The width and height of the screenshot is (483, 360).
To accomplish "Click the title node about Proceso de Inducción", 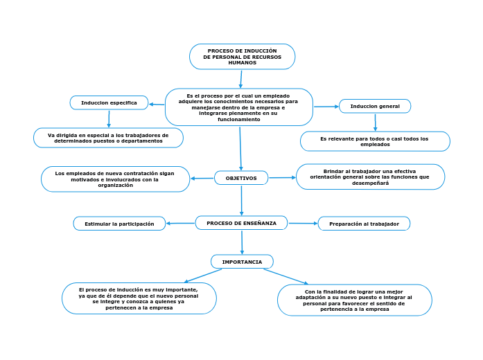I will pyautogui.click(x=242, y=57).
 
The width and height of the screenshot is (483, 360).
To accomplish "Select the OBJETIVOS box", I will pyautogui.click(x=241, y=178).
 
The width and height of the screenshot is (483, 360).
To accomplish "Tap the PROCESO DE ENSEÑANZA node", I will pyautogui.click(x=241, y=223).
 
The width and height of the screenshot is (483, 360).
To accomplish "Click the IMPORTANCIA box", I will pyautogui.click(x=242, y=262).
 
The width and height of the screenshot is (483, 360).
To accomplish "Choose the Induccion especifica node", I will pyautogui.click(x=109, y=102).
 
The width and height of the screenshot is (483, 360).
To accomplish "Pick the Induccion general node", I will pyautogui.click(x=375, y=106).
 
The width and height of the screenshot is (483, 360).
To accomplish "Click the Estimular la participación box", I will pyautogui.click(x=119, y=224).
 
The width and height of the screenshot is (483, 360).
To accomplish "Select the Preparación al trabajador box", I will pyautogui.click(x=364, y=224).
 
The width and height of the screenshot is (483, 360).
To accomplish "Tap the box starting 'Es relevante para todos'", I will pyautogui.click(x=375, y=141).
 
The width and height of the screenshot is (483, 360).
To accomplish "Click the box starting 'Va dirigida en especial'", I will pyautogui.click(x=108, y=138).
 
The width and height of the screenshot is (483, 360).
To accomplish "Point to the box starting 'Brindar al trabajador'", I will pyautogui.click(x=370, y=177).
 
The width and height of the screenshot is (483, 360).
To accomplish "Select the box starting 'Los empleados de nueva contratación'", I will pyautogui.click(x=115, y=179).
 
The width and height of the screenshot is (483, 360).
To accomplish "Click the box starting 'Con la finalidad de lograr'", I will pyautogui.click(x=354, y=300).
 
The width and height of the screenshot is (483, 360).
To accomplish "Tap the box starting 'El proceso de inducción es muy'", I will pyautogui.click(x=139, y=298).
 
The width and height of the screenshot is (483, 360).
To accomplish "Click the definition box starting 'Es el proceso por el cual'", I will pyautogui.click(x=238, y=107).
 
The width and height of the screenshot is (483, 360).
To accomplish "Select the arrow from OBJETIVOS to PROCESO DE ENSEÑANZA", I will pyautogui.click(x=241, y=200).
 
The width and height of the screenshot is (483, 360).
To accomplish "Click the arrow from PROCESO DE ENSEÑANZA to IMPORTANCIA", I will pyautogui.click(x=242, y=242).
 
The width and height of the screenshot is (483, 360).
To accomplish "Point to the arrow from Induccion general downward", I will pyautogui.click(x=375, y=122).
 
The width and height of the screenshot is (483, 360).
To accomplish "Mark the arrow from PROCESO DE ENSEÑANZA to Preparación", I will pyautogui.click(x=303, y=223).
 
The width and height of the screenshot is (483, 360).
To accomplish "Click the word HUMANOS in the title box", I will pyautogui.click(x=242, y=63).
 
